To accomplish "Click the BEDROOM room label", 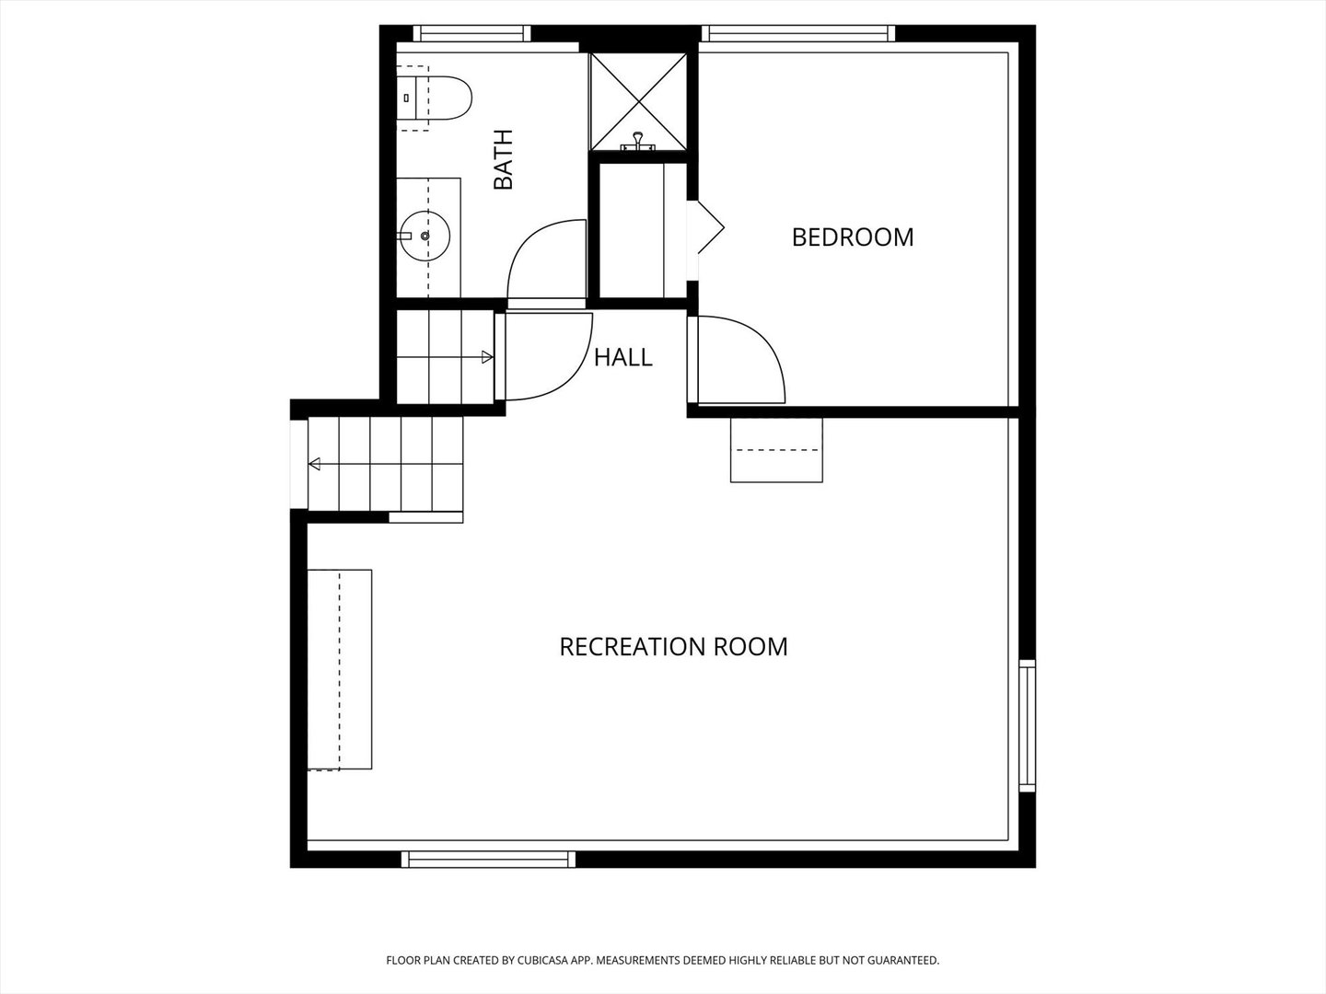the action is (x=853, y=237).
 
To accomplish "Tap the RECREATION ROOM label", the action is (x=673, y=647).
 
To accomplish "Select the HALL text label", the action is (x=622, y=358).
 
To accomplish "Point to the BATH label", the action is (x=503, y=159).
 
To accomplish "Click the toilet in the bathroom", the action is (x=434, y=98).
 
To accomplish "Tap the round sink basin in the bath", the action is (x=426, y=236).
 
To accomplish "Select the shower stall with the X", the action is (x=638, y=101).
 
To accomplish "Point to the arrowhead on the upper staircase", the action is (x=487, y=357).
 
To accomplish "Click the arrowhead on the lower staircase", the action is (x=314, y=464).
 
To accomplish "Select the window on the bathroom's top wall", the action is (x=471, y=33).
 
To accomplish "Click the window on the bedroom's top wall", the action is (x=798, y=33).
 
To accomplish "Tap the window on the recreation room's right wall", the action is (x=1028, y=725).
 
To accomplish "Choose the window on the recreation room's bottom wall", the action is (x=488, y=859).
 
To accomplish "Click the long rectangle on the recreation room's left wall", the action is (x=340, y=669).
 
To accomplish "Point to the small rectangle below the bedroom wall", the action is (x=776, y=450).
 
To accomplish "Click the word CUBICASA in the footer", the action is (x=542, y=960).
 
